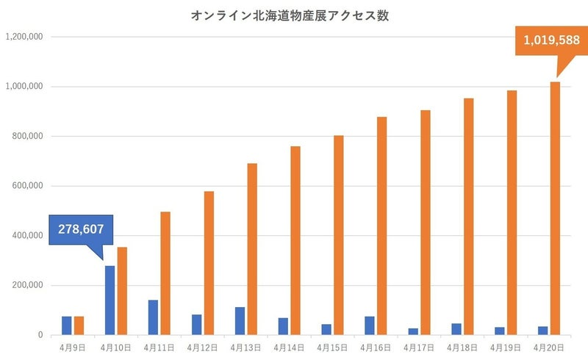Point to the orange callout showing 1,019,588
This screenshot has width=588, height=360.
pos(543,40)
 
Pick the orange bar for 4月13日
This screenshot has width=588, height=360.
pos(252,249)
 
